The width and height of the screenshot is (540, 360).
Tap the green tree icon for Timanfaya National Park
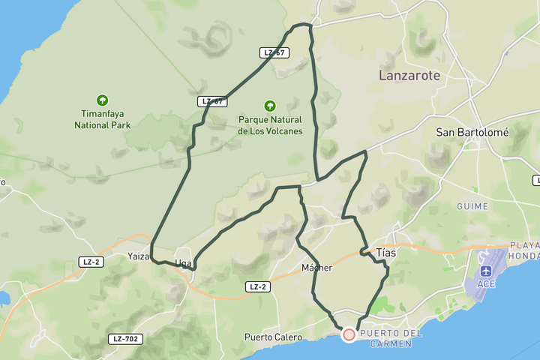(102, 100)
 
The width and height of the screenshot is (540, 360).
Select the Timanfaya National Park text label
(102, 120)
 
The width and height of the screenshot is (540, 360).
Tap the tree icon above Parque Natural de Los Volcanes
(270, 106)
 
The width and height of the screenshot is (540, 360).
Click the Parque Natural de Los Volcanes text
(270, 125)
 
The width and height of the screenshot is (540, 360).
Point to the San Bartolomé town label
(472, 132)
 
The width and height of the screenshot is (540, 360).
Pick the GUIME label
(472, 206)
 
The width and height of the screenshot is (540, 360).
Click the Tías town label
(385, 253)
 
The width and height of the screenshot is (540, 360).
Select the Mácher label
(316, 268)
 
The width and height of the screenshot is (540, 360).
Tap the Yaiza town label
(139, 256)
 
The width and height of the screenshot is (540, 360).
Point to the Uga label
(183, 263)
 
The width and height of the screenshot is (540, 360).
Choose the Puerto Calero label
(273, 337)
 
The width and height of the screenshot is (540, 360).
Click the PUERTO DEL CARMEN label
(391, 338)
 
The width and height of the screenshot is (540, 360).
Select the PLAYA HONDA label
(524, 250)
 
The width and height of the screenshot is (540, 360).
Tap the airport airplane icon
(486, 270)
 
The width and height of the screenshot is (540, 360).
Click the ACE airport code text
(486, 284)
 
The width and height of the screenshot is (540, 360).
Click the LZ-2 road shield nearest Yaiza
(90, 261)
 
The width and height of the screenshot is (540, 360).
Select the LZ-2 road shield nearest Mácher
(257, 286)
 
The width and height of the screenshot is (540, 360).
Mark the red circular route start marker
(349, 334)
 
